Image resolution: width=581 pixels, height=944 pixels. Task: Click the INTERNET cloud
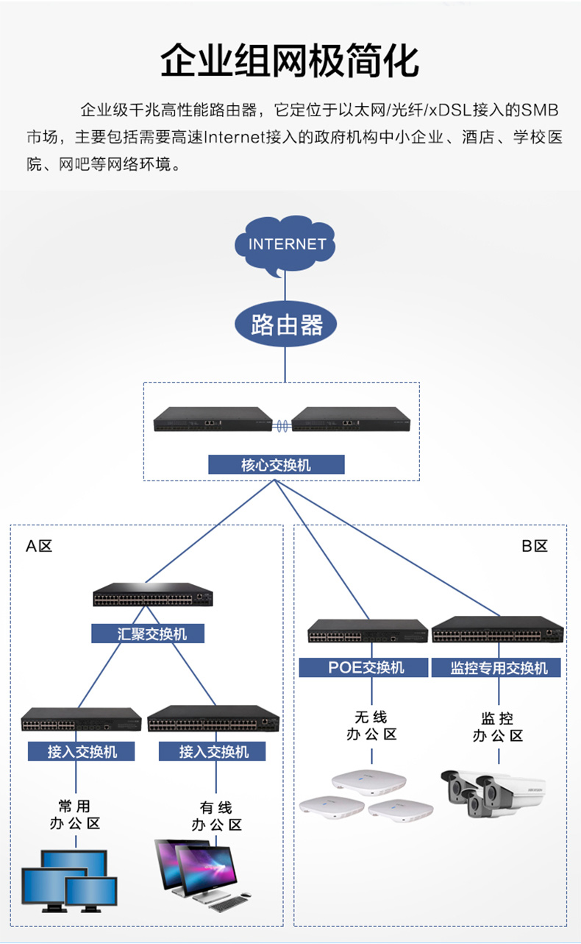click(285, 244)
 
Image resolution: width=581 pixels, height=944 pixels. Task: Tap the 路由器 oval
click(285, 324)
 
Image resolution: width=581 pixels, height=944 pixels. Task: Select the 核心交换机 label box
click(277, 464)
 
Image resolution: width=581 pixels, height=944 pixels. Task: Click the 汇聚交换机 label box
click(148, 634)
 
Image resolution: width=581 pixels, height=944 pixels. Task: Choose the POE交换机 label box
click(363, 667)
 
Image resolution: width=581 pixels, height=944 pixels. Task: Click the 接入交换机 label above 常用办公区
click(82, 751)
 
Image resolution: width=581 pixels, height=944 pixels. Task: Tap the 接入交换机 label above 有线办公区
click(213, 751)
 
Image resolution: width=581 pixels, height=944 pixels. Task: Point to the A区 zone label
click(39, 546)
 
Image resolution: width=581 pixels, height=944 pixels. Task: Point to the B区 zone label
click(535, 546)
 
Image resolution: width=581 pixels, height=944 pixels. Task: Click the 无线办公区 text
click(371, 725)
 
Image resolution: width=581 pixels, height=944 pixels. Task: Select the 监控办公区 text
click(498, 727)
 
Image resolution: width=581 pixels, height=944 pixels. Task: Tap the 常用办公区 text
click(75, 815)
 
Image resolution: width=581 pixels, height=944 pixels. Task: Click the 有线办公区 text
click(216, 816)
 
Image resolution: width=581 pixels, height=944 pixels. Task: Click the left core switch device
click(213, 419)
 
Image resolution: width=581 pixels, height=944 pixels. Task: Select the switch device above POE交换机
click(368, 631)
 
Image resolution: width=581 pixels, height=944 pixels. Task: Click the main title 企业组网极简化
click(290, 60)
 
